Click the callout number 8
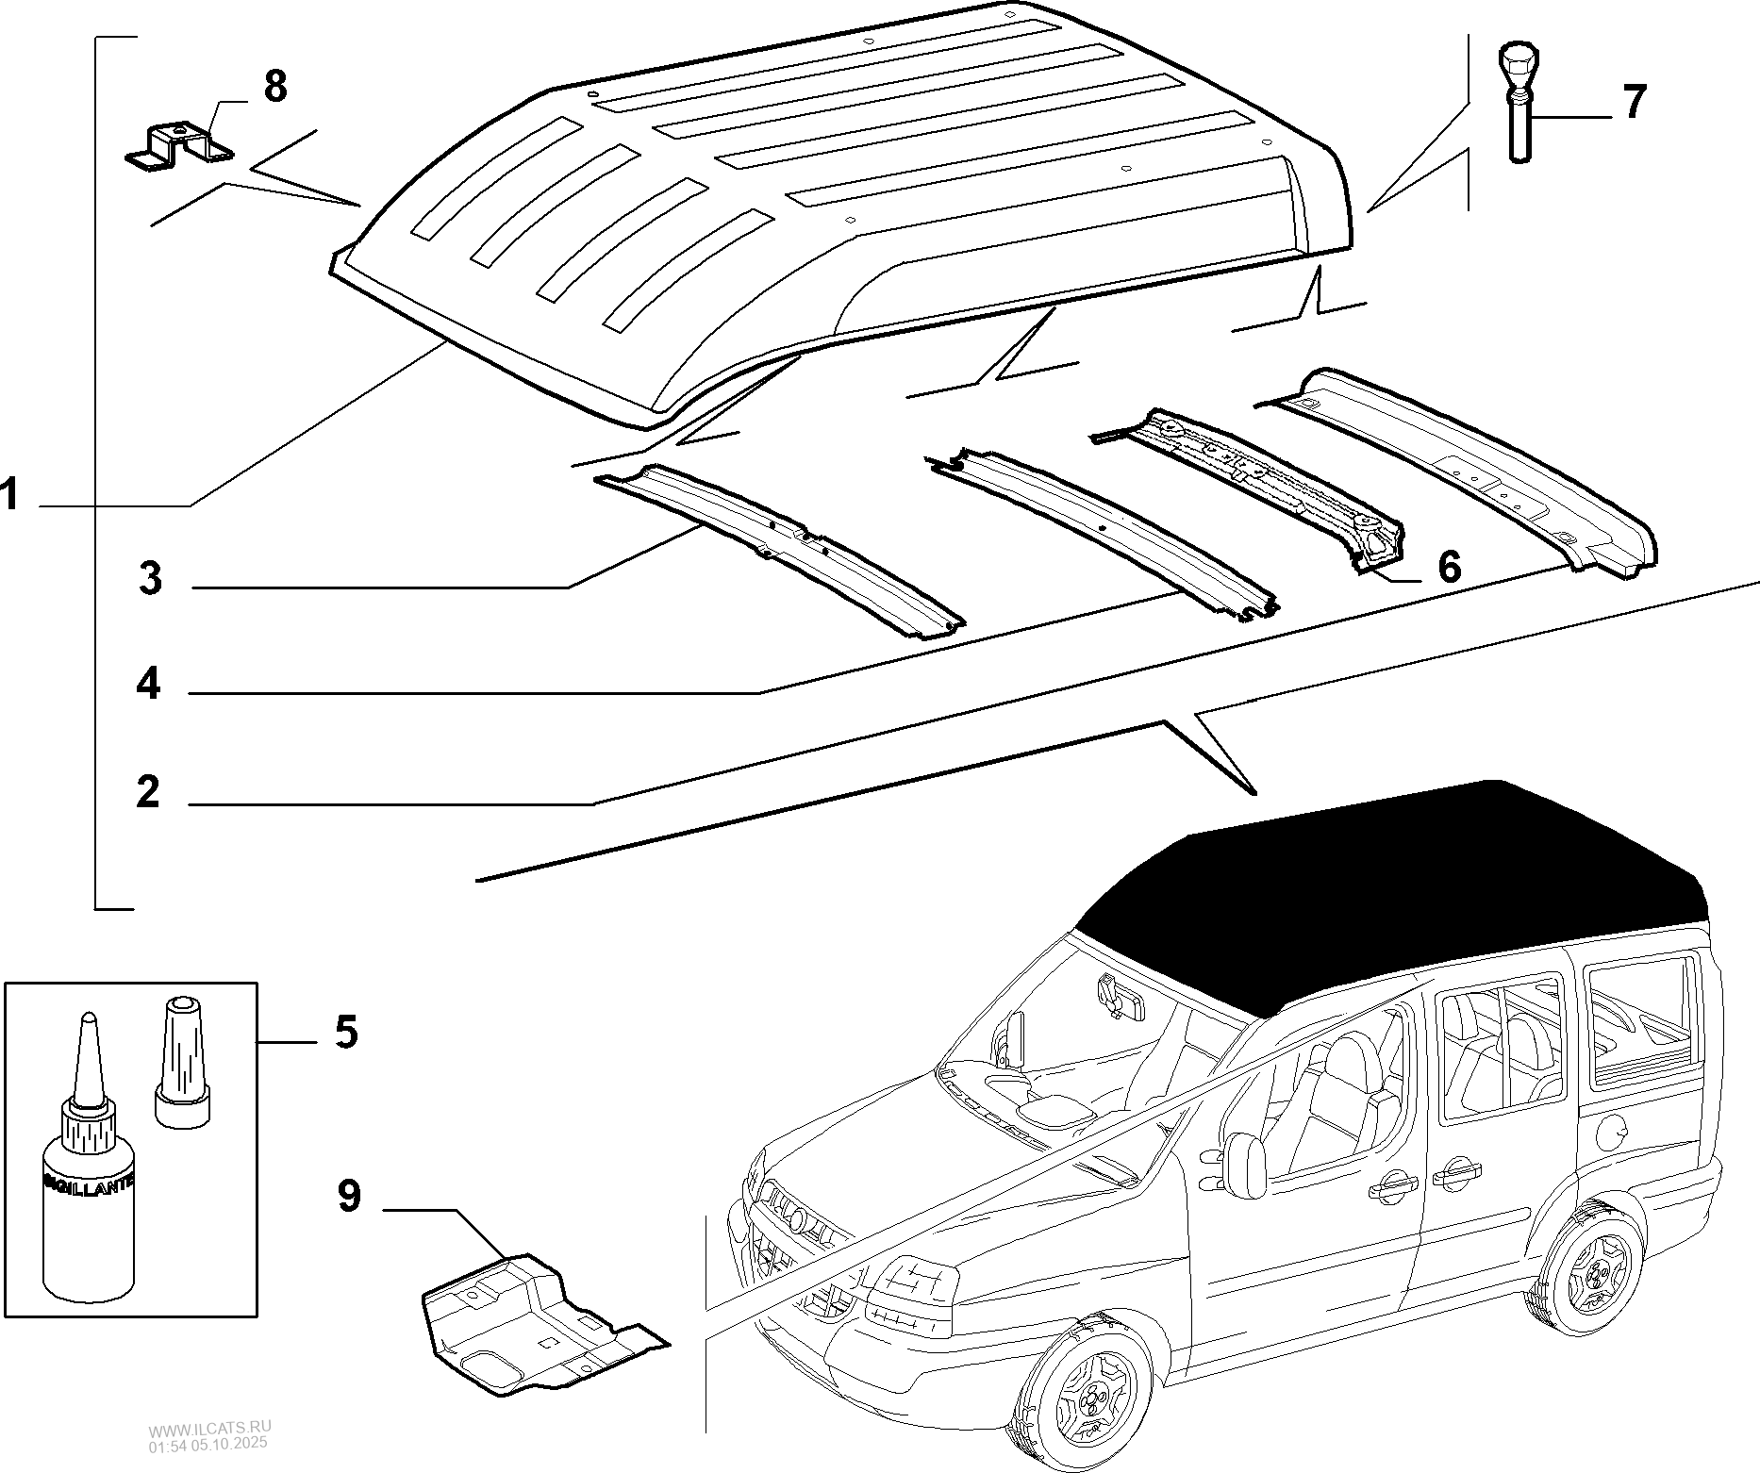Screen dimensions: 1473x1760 (x=274, y=87)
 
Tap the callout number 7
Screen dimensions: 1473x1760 (x=1633, y=102)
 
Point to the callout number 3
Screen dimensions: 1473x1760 (x=150, y=577)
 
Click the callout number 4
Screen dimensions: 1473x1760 (x=148, y=683)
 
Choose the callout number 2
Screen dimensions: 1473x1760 (x=148, y=792)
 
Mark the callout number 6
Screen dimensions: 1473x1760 (x=1448, y=567)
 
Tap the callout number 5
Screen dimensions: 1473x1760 (x=346, y=1032)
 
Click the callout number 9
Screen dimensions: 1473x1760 (x=349, y=1197)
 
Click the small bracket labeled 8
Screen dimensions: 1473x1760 (x=179, y=146)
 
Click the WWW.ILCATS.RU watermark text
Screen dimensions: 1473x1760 (x=208, y=1436)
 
